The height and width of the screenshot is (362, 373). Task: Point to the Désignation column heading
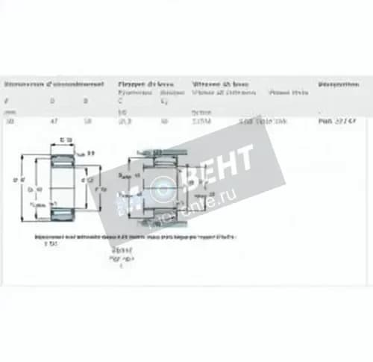pos(339,84)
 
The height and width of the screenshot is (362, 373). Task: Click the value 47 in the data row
pos(53,121)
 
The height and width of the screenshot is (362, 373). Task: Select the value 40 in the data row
pos(163,121)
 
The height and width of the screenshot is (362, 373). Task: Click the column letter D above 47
pos(52,99)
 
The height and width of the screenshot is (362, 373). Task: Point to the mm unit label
pos(8,111)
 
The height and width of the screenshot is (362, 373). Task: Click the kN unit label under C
pos(122,111)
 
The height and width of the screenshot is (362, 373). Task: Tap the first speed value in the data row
pos(201,121)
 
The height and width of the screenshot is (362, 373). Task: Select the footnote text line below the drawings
pos(134,236)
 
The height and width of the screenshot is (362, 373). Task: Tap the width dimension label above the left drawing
pos(66,140)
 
